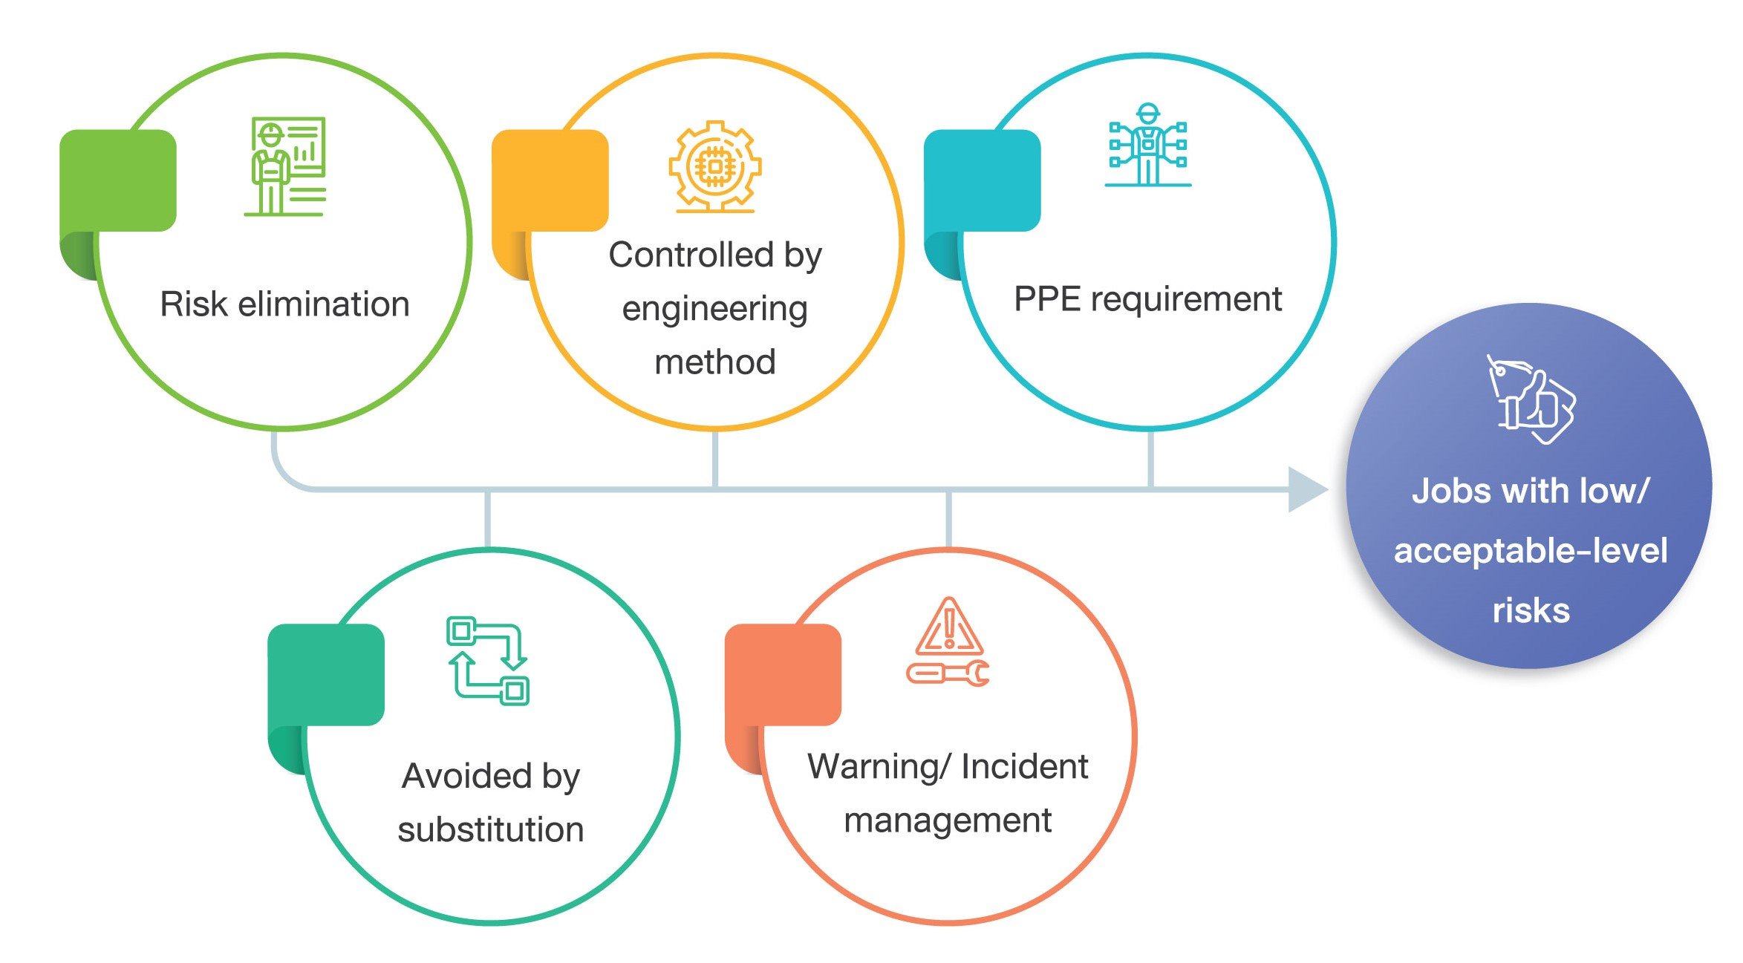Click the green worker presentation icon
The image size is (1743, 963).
pos(285,166)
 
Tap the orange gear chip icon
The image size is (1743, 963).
pos(714,166)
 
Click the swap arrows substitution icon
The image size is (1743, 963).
pos(488,660)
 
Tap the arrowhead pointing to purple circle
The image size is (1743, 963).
pos(1307,489)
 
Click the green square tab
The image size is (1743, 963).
pos(118,180)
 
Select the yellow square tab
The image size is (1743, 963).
pos(550,180)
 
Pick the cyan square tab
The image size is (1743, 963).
pos(982,180)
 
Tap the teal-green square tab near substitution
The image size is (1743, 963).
pos(326,674)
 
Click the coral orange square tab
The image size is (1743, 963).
pos(783,674)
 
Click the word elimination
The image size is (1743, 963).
pos(324,304)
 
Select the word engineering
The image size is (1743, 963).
pos(714,309)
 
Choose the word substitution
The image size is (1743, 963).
pos(490,829)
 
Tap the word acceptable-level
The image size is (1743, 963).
pos(1531,551)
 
